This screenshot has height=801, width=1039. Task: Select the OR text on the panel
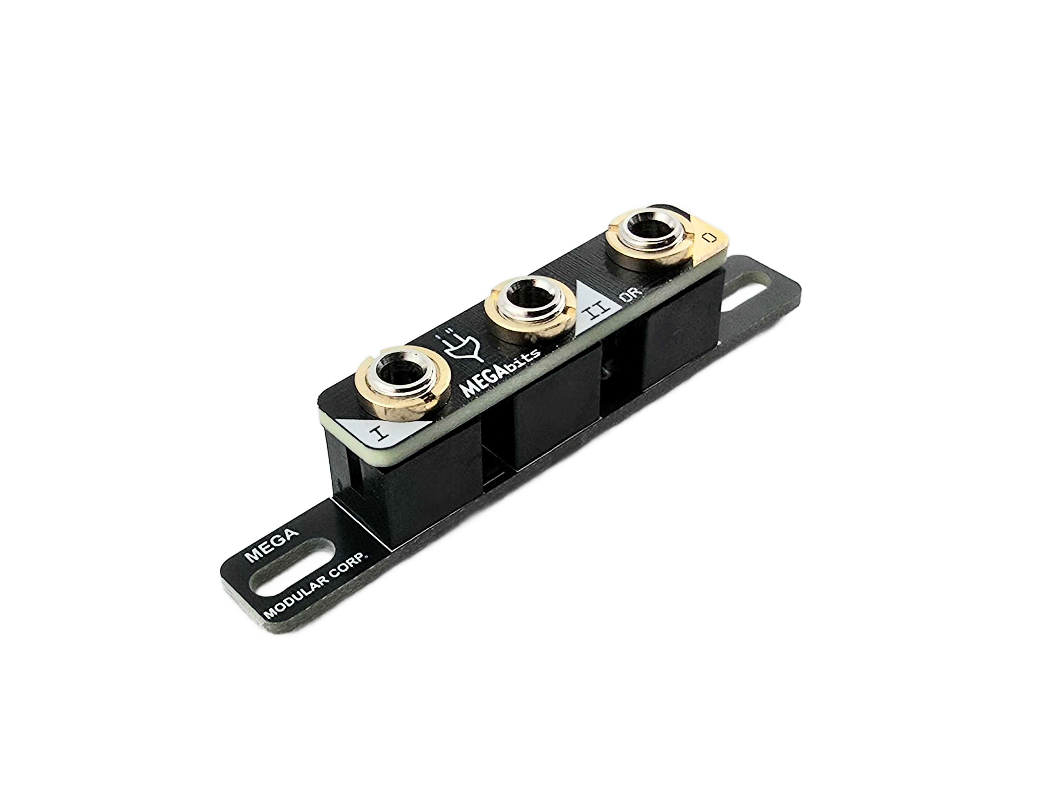[x=631, y=296]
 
